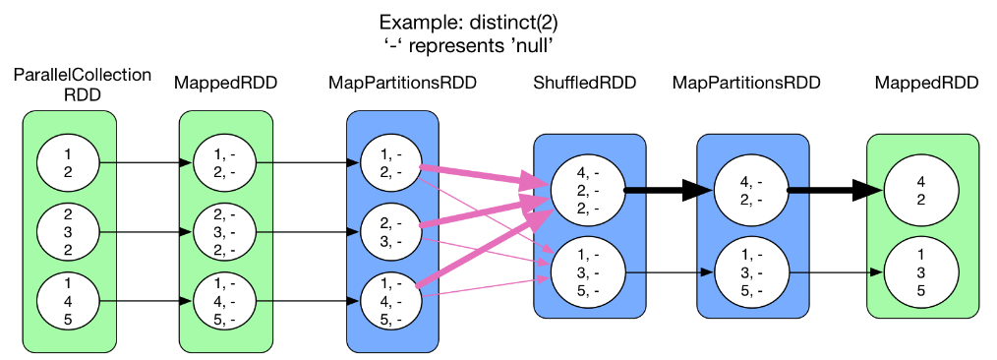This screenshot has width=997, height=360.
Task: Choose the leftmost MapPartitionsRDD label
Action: coord(402,84)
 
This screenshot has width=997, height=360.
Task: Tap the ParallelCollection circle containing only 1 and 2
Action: coord(69,162)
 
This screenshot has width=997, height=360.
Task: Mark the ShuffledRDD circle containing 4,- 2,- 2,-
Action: coord(587,191)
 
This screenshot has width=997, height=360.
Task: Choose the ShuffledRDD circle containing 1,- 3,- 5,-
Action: coord(587,272)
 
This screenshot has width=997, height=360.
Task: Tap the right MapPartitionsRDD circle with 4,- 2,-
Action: coord(751,191)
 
